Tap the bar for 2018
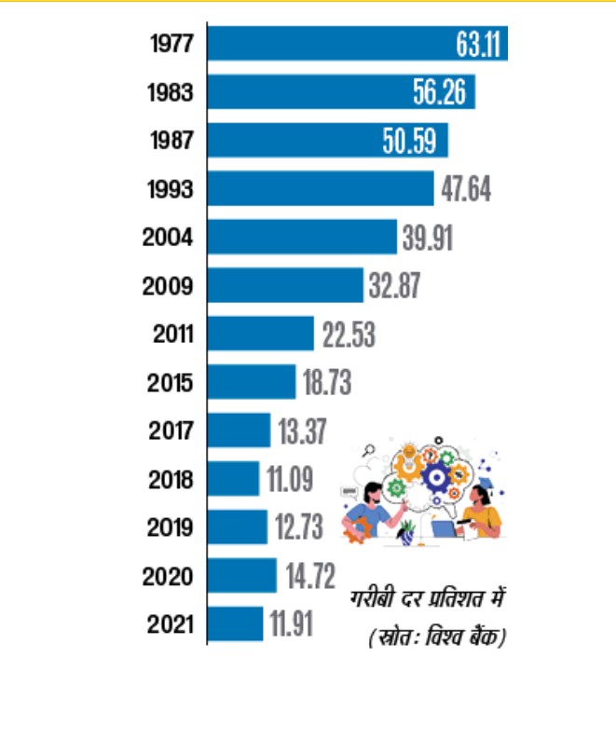click(x=233, y=479)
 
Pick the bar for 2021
click(x=235, y=623)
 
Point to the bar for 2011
click(x=260, y=334)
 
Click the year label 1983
click(x=171, y=93)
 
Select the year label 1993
click(x=171, y=189)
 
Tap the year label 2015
click(x=171, y=383)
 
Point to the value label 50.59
click(x=414, y=141)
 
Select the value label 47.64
click(x=466, y=189)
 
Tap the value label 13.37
click(x=301, y=431)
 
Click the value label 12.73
click(x=299, y=527)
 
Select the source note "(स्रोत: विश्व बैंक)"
click(x=435, y=638)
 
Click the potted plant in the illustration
click(x=406, y=532)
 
